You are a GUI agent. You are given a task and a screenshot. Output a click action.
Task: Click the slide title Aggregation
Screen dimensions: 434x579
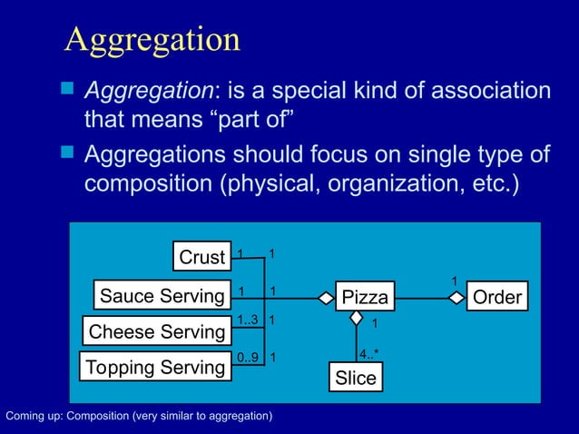coord(152,39)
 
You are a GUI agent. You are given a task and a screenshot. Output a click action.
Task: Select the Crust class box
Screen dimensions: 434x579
coord(201,258)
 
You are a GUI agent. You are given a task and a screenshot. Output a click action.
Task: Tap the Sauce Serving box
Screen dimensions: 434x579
coord(162,296)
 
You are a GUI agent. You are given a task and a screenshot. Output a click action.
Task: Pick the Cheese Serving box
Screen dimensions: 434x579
coord(156,331)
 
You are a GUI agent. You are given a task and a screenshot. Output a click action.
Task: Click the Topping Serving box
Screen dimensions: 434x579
coord(153,367)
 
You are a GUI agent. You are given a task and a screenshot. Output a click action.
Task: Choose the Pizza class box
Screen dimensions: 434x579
coord(364,297)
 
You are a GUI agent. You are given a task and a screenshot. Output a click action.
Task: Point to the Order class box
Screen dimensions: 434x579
coord(497,297)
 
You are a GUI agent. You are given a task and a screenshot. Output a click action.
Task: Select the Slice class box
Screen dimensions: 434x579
coord(355,378)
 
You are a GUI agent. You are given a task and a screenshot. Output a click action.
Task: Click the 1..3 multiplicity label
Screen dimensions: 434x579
coord(248,320)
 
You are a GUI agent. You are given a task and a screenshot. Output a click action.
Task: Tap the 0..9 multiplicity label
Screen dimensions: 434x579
coord(247,357)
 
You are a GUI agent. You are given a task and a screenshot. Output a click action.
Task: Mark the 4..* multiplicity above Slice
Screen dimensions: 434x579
coord(369,353)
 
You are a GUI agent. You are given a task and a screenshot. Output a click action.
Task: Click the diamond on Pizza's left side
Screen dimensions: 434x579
coord(325,297)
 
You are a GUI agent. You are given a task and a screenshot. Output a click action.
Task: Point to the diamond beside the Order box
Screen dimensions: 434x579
coord(457,297)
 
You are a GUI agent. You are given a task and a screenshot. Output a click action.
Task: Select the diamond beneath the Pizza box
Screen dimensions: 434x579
coord(356,318)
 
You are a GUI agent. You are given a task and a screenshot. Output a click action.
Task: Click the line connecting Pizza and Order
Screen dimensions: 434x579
coord(422,297)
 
